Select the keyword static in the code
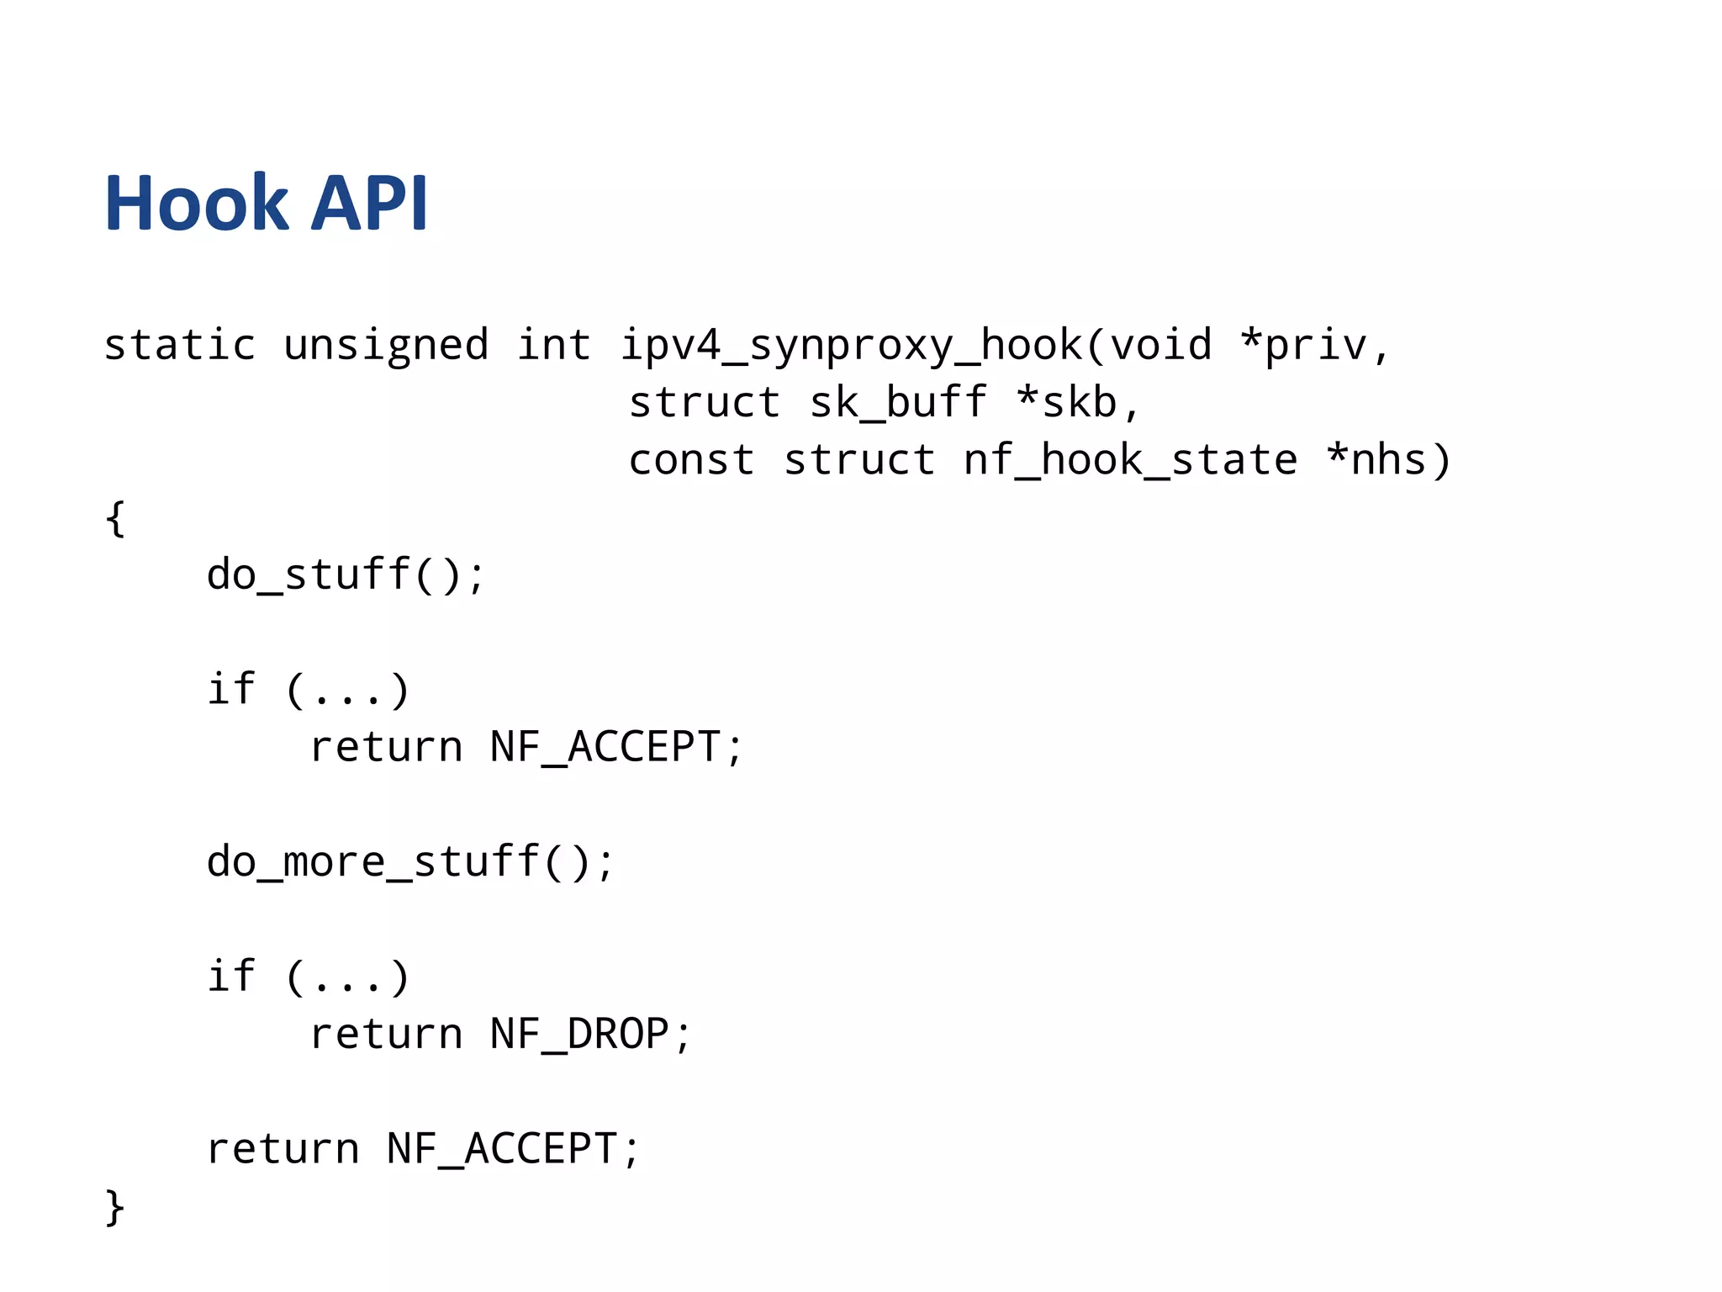[179, 345]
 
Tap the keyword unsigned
[386, 345]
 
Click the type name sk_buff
[898, 402]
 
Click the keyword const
[691, 460]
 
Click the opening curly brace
[116, 518]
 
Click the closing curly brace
[116, 1208]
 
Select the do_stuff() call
[345, 575]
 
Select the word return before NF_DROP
[386, 1035]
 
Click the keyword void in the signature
[1161, 345]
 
